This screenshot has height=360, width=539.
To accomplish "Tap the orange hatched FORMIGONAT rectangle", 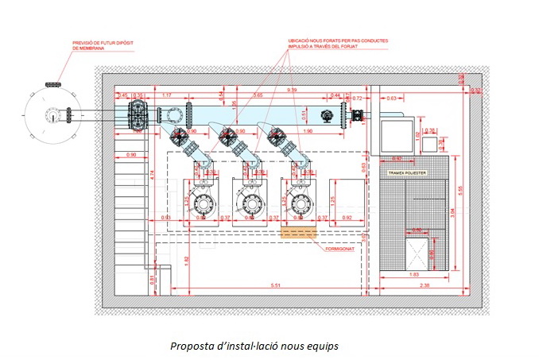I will (298, 233).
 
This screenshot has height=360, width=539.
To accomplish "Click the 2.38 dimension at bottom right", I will (425, 285).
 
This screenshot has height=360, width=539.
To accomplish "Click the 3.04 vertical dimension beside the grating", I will (452, 213).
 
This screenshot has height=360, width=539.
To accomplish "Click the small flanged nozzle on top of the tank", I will (54, 84).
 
